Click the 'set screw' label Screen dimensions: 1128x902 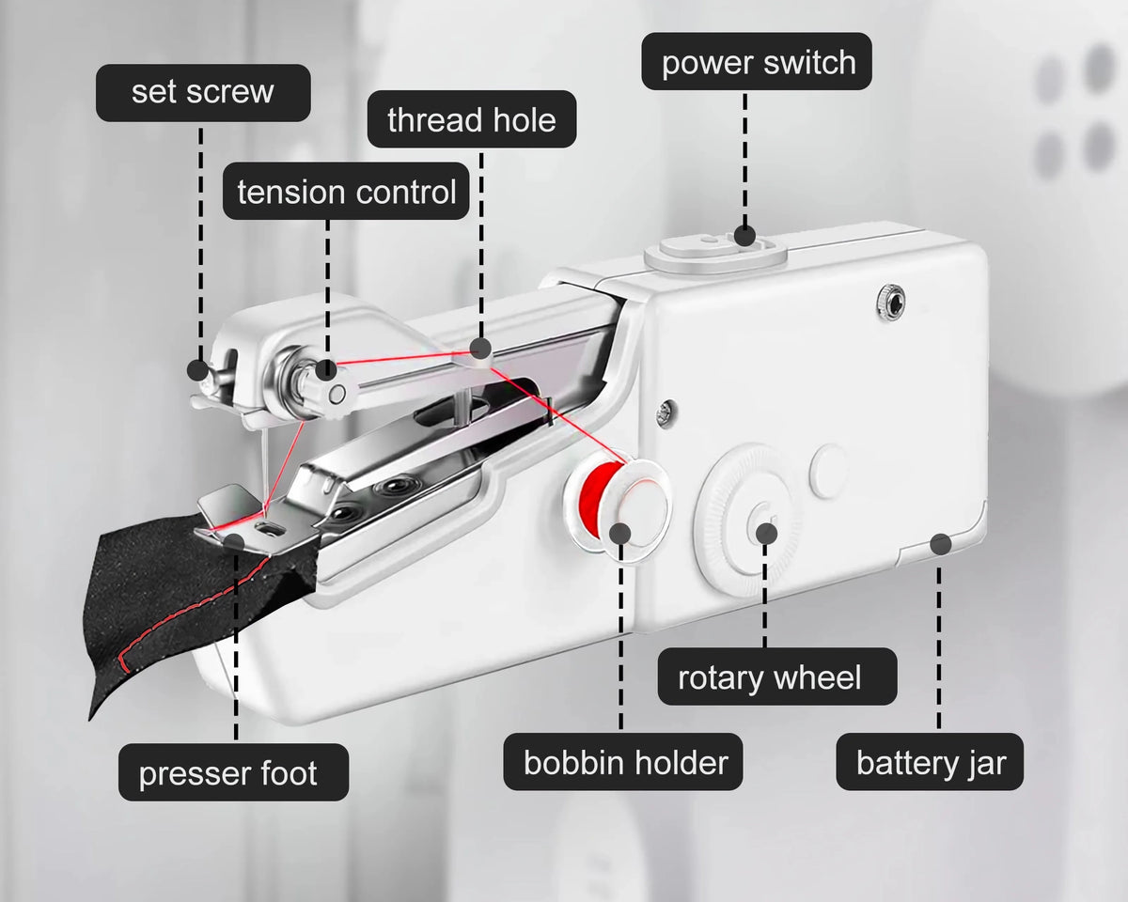203,93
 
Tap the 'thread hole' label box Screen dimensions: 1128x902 472,119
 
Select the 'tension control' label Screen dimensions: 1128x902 346,191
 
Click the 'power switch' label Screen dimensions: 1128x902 757,61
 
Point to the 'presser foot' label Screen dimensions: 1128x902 233,772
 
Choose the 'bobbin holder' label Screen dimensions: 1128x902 623,762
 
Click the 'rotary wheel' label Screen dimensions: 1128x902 777,676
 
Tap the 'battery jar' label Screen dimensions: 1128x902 930,762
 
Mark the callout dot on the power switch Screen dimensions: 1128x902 744,235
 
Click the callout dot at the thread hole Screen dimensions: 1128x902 480,349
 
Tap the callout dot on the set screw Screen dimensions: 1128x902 197,370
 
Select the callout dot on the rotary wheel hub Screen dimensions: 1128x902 767,534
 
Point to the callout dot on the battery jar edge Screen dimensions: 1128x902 941,544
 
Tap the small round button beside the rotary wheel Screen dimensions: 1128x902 828,471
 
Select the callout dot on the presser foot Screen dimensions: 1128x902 235,542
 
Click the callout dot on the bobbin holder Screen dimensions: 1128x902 621,534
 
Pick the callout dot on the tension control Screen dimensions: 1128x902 326,369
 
